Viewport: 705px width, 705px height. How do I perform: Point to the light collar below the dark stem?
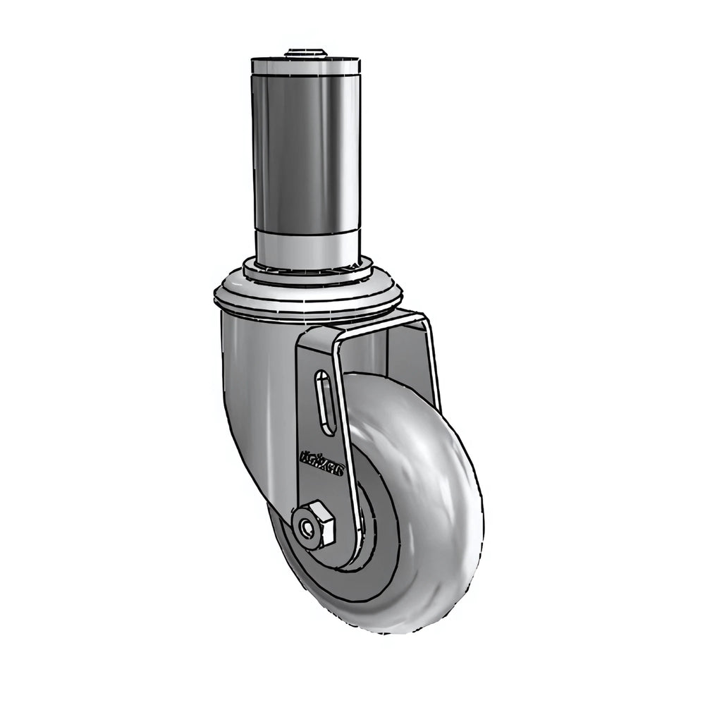[x=307, y=247]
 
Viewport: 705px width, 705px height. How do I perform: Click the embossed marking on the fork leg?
[x=321, y=466]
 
